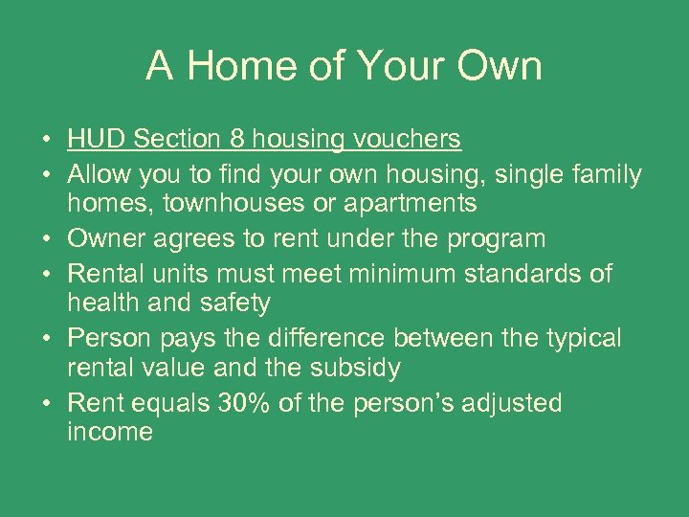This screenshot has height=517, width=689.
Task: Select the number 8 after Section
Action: (x=236, y=140)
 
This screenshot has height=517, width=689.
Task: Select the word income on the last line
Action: (x=109, y=432)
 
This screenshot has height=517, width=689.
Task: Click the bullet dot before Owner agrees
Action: (x=46, y=238)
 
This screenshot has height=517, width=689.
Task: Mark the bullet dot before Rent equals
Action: (x=46, y=403)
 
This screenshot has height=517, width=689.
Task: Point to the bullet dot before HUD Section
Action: (x=46, y=140)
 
